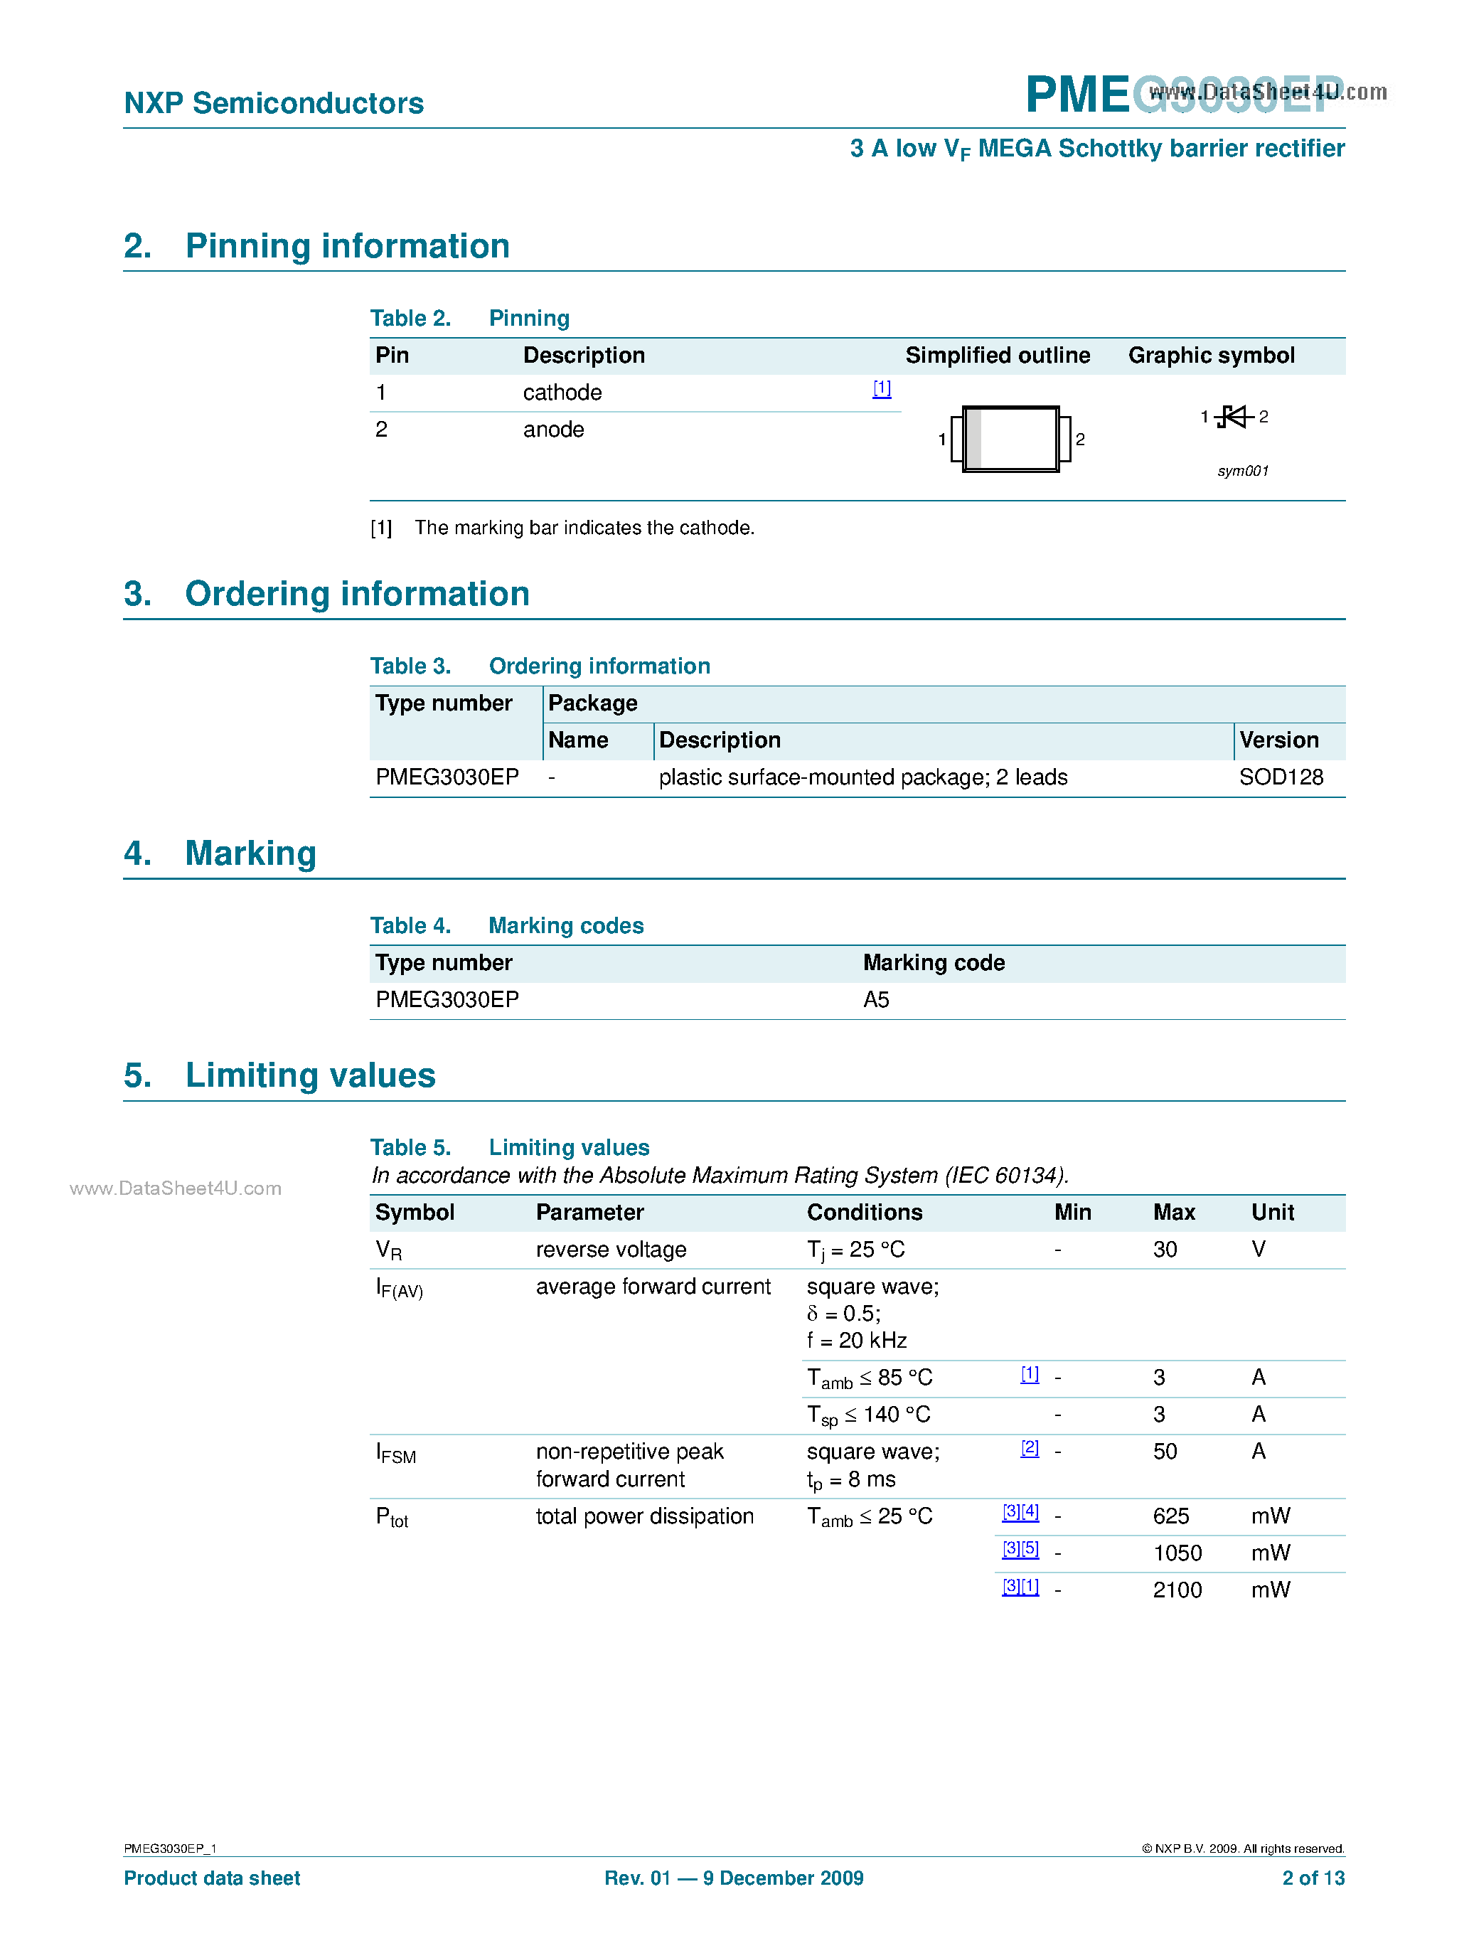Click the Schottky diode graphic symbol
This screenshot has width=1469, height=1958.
pyautogui.click(x=1234, y=416)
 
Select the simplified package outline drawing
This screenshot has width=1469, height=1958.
pyautogui.click(x=1010, y=439)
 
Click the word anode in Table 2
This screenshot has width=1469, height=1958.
pyautogui.click(x=553, y=430)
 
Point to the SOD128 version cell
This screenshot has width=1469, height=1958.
pyautogui.click(x=1281, y=777)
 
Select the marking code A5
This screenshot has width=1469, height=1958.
pyautogui.click(x=875, y=999)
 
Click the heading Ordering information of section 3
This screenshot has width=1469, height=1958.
pyautogui.click(x=357, y=594)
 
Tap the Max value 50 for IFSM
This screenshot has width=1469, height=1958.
pyautogui.click(x=1165, y=1451)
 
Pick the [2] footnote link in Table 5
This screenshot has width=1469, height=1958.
pyautogui.click(x=1029, y=1448)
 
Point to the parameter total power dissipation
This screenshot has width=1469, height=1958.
pyautogui.click(x=644, y=1516)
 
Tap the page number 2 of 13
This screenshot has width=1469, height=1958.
pyautogui.click(x=1313, y=1878)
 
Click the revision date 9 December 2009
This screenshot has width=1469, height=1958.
pyautogui.click(x=782, y=1878)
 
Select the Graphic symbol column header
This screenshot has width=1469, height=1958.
pyautogui.click(x=1211, y=355)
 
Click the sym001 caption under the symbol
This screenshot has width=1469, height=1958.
pyautogui.click(x=1242, y=471)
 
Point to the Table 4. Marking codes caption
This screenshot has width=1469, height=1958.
pyautogui.click(x=506, y=925)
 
